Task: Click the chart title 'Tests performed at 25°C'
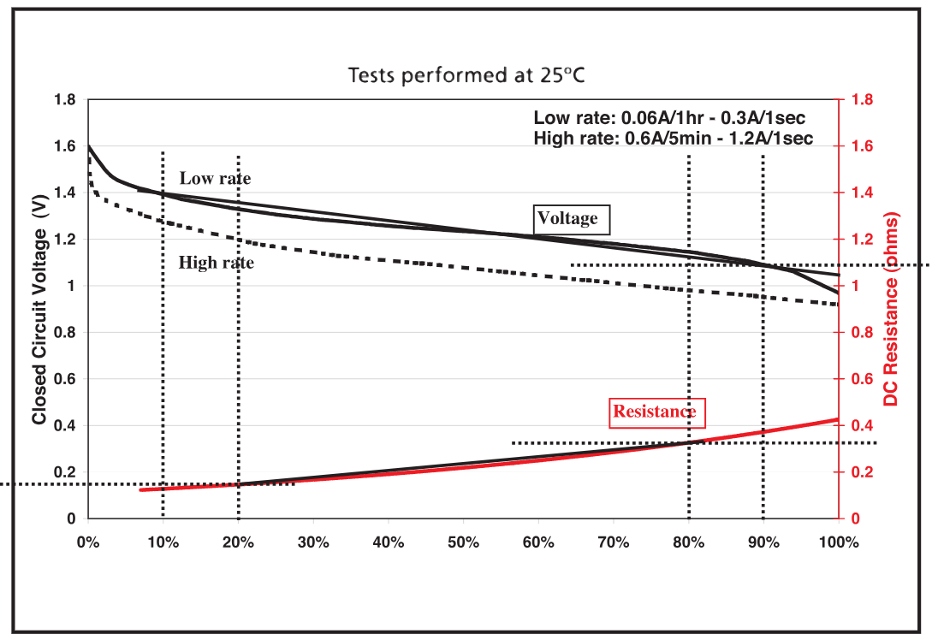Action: coord(466,75)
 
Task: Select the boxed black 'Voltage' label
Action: coord(567,219)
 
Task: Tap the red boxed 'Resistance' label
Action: coord(655,412)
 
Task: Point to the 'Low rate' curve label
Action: coord(215,178)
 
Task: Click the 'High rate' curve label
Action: coord(217,263)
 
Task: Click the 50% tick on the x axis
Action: coord(463,542)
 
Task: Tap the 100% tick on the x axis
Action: coord(838,542)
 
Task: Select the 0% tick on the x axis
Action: coord(87,542)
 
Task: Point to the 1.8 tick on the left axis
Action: coord(66,100)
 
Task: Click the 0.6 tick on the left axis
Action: coord(66,379)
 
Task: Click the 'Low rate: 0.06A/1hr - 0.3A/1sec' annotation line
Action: coord(669,119)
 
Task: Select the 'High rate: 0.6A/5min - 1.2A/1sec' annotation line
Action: coord(673,139)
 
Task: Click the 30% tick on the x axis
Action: coord(313,542)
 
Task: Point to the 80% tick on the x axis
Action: coord(689,542)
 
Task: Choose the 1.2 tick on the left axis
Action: coord(66,240)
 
